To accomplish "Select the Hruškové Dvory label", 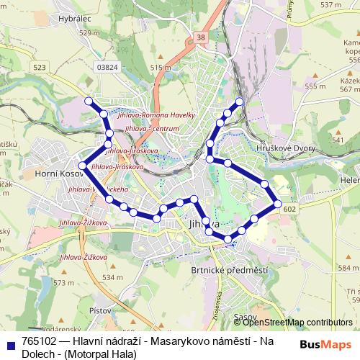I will point(291,147).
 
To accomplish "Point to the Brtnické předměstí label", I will point(220,270).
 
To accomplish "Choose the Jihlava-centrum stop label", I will point(151,128).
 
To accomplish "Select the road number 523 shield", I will point(39,67).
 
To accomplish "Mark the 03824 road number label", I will point(107,67).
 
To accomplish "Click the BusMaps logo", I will point(325,344).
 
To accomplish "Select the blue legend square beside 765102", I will point(10,343).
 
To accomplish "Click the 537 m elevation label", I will point(330,4).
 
